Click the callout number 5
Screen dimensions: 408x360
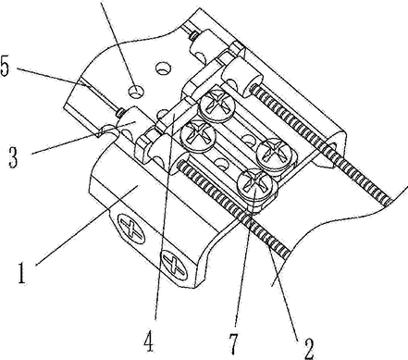(x=6, y=66)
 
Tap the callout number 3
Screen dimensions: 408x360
(x=14, y=157)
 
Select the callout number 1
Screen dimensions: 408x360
(x=21, y=273)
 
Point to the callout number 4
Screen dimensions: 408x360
(x=149, y=341)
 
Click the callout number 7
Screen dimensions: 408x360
(x=233, y=343)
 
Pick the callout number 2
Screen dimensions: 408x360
(x=308, y=349)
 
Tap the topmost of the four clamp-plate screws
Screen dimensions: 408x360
(x=217, y=104)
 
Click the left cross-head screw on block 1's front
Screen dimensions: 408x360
(x=132, y=230)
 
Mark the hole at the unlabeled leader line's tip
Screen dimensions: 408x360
(x=136, y=92)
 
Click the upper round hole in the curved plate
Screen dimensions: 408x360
(x=163, y=68)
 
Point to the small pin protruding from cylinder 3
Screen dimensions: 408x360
(x=119, y=113)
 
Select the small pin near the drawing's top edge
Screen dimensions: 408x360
(x=193, y=36)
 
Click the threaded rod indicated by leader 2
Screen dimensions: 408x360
(x=233, y=209)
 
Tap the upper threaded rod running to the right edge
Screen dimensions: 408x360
(x=321, y=144)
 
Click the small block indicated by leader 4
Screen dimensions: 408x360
(x=176, y=117)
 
